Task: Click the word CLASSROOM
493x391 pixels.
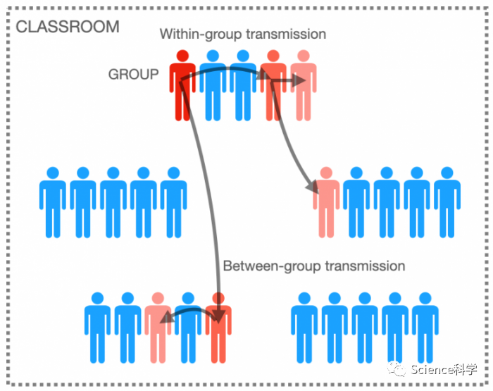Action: coord(67,27)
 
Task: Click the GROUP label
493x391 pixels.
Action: coord(133,74)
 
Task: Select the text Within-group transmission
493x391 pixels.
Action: coord(242,34)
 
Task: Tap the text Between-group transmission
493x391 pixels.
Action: coord(313,266)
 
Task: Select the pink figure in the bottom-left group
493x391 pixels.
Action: coord(158,328)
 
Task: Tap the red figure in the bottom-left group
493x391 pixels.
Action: coord(218,328)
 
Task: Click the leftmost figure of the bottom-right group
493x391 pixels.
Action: coord(304,328)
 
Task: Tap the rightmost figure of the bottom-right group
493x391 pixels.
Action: coord(425,328)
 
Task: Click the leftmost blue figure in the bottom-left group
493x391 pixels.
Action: coord(98,328)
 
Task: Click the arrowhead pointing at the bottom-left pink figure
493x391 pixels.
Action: coord(165,318)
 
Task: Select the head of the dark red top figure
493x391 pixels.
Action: coord(182,55)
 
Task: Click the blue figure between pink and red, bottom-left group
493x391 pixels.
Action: coord(188,328)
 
